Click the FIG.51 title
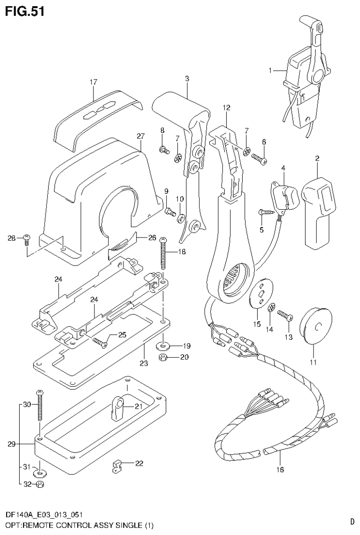coord(25,11)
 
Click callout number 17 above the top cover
coord(93,82)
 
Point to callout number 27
coord(140,136)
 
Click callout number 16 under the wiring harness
coord(281,468)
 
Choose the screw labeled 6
coord(259,159)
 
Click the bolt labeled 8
coord(164,150)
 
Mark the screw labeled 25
coord(100,341)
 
